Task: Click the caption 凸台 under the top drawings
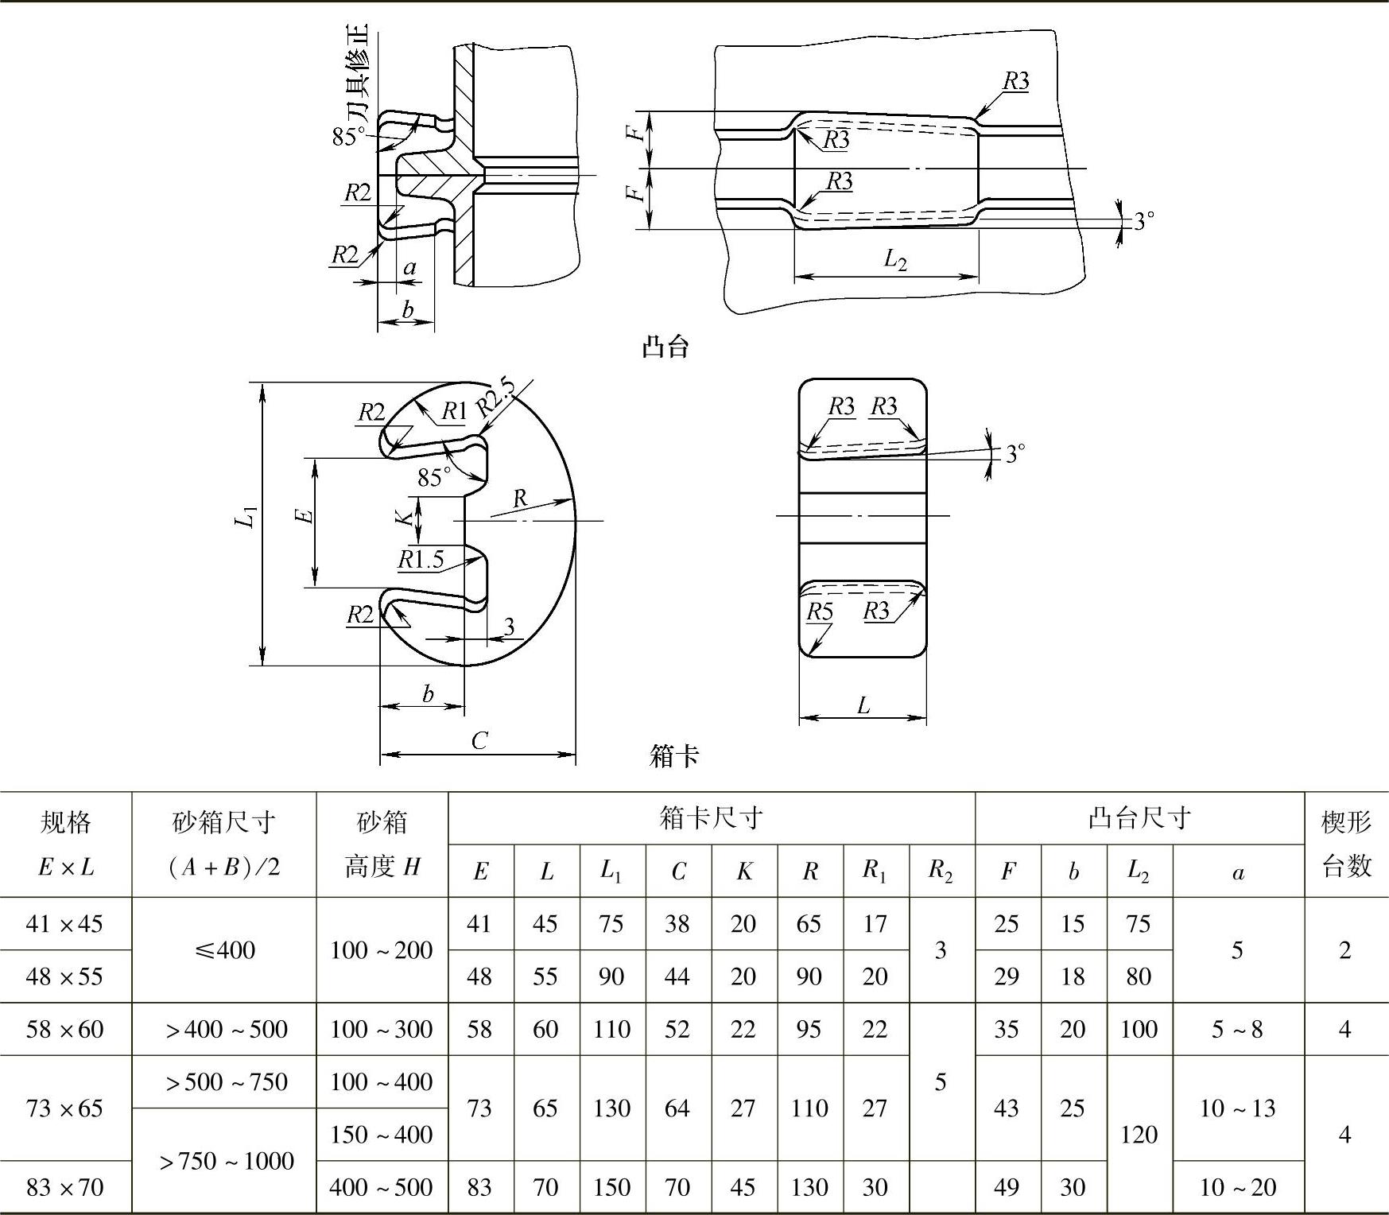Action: coord(665,347)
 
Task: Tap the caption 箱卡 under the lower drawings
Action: coord(674,755)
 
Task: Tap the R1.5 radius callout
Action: coord(421,559)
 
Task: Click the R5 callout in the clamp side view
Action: coord(820,611)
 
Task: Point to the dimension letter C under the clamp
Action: coord(479,740)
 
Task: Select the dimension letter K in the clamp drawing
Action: coord(406,516)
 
